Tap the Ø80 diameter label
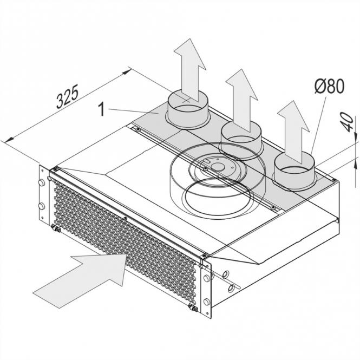[x=329, y=87]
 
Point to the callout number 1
[x=101, y=109]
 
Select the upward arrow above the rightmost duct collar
[x=292, y=129]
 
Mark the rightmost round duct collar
[x=294, y=168]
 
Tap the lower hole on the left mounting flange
[x=41, y=206]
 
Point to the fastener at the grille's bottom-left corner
[x=54, y=230]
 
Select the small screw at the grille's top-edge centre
[x=125, y=219]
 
